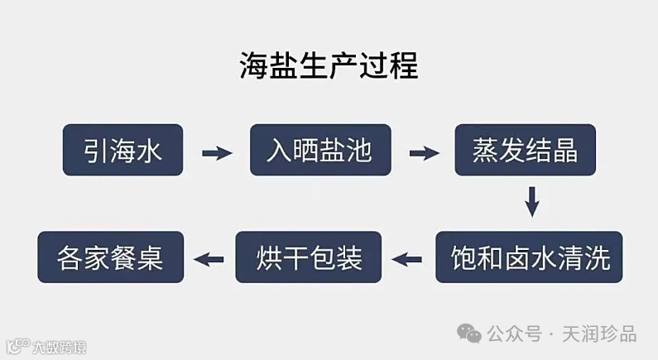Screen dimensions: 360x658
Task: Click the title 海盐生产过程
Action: click(329, 65)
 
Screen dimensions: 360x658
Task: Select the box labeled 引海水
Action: click(122, 151)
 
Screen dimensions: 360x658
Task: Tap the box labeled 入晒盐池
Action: click(320, 151)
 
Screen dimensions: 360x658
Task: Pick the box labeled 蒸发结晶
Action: click(524, 151)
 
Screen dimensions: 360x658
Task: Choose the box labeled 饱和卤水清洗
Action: click(529, 258)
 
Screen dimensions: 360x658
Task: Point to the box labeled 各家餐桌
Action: click(111, 258)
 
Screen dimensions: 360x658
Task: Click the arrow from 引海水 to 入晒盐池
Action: click(217, 152)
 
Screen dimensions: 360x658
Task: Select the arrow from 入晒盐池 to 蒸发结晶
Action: click(423, 152)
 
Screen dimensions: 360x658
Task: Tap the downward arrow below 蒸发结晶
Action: click(533, 202)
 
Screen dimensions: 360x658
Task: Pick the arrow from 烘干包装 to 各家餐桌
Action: click(209, 259)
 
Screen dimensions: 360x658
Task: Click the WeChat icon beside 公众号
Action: click(470, 334)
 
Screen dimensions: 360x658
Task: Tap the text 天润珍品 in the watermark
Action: click(599, 334)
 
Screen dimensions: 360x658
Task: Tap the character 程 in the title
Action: click(404, 65)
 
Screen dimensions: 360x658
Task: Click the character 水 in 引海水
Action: click(150, 151)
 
